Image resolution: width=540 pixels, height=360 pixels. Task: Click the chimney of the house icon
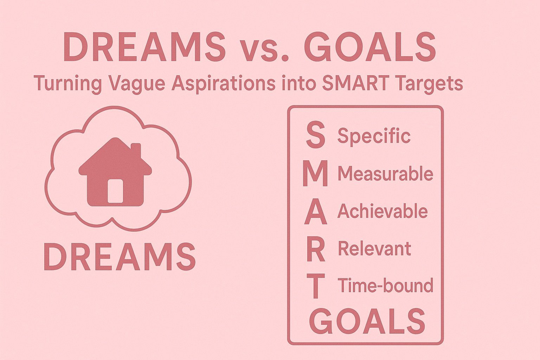136,150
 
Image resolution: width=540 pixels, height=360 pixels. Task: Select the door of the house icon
115,191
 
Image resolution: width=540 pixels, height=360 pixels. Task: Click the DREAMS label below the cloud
120,257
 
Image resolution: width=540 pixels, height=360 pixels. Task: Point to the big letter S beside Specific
315,135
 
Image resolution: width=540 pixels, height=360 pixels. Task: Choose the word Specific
374,136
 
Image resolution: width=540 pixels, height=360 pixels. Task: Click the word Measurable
385,174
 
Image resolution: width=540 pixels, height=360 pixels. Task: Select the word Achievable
382,211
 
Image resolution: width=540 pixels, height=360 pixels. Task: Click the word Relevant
375,249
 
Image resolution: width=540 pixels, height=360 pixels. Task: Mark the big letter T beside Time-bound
315,286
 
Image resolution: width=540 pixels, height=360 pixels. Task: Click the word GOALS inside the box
367,321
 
